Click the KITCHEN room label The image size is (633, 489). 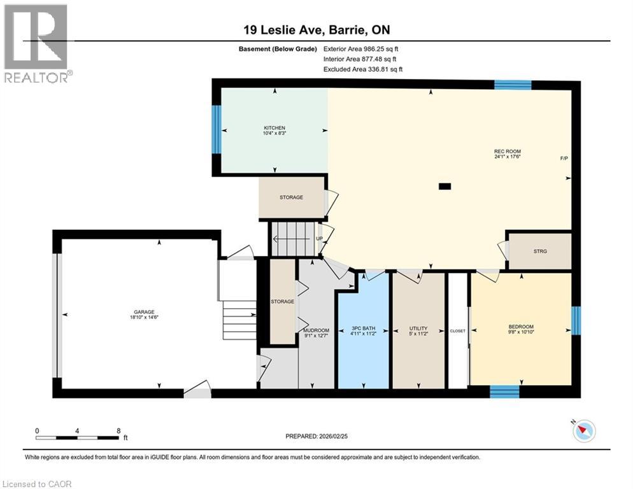coord(274,127)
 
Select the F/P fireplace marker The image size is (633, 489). coord(564,158)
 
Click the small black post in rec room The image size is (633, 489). coord(445,187)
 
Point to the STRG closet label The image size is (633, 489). coord(540,251)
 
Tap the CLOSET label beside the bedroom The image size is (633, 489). coord(458,331)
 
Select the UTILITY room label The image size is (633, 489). coord(418,329)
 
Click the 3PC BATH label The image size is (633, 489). coord(363,329)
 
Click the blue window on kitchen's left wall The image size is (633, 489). coord(217,129)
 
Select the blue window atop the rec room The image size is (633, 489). coord(513,85)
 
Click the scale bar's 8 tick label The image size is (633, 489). coord(118,430)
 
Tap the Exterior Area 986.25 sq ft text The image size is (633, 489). coord(361,48)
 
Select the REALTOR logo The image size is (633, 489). coord(36,44)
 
